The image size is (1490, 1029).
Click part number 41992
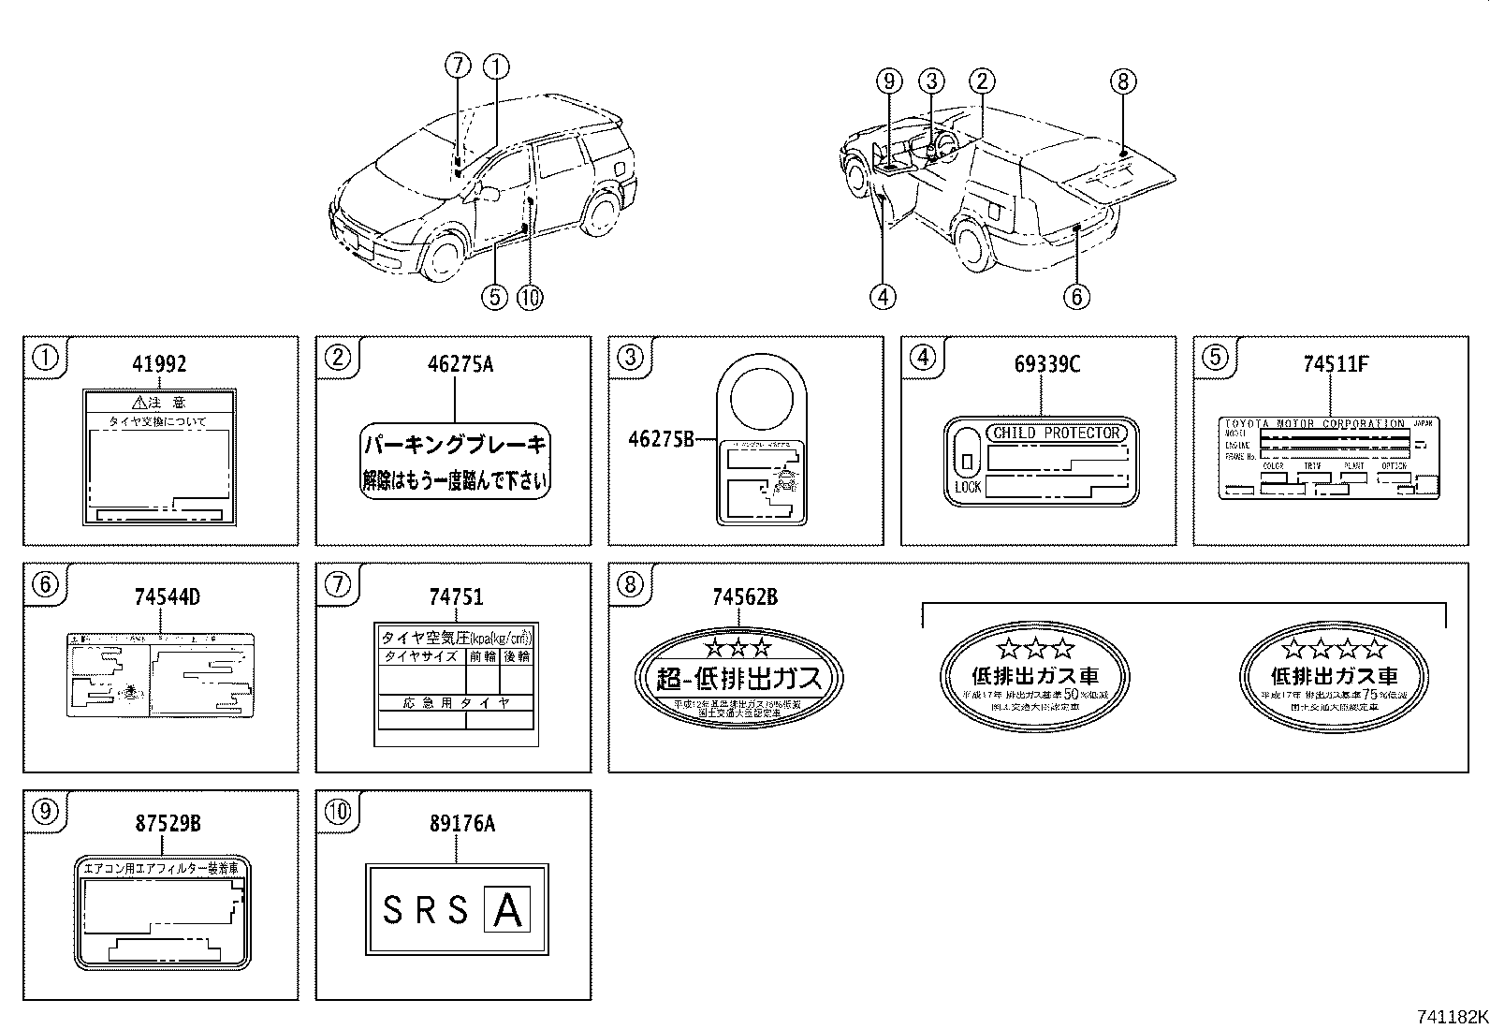[x=159, y=364]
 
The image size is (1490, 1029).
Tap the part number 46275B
[x=661, y=438]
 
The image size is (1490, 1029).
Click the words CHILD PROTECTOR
[x=1056, y=434]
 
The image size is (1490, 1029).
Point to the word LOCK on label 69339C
[x=968, y=487]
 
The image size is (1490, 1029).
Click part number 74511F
[x=1336, y=364]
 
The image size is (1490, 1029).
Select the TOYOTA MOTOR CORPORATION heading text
[x=1315, y=424]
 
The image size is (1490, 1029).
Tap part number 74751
[x=456, y=596]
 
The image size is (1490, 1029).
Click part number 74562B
[x=744, y=596]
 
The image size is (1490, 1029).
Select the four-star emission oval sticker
[x=1334, y=676]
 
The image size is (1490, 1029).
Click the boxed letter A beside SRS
[x=506, y=910]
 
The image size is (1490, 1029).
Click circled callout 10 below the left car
[x=529, y=297]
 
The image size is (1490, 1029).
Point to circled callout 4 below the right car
[x=883, y=297]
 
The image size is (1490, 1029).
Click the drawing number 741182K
[x=1451, y=1017]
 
